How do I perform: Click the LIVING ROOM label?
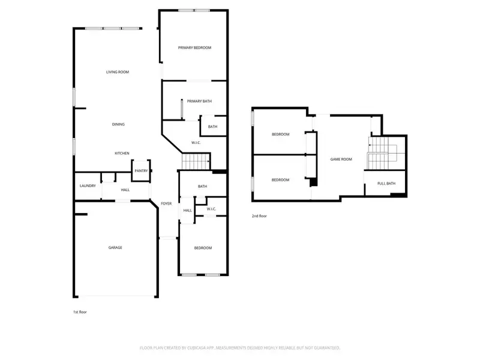(x=118, y=72)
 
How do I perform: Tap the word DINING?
(x=118, y=124)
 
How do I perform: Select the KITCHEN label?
(x=122, y=154)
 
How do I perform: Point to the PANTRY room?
(x=141, y=170)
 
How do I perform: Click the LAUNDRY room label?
(x=88, y=186)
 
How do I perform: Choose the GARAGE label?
(x=115, y=247)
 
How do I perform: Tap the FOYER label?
(x=166, y=203)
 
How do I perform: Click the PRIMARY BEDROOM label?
(x=194, y=47)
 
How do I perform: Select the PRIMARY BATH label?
(x=199, y=101)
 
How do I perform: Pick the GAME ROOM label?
(x=341, y=159)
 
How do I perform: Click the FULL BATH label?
(x=386, y=183)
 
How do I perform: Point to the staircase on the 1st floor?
(x=196, y=161)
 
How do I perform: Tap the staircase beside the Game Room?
(x=379, y=153)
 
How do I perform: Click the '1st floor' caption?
(x=80, y=312)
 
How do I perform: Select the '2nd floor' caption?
(x=259, y=215)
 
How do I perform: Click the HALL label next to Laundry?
(x=125, y=190)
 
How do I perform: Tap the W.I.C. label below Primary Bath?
(x=196, y=142)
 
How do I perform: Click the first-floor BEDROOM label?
(x=202, y=248)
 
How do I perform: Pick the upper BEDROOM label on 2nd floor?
(x=280, y=134)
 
